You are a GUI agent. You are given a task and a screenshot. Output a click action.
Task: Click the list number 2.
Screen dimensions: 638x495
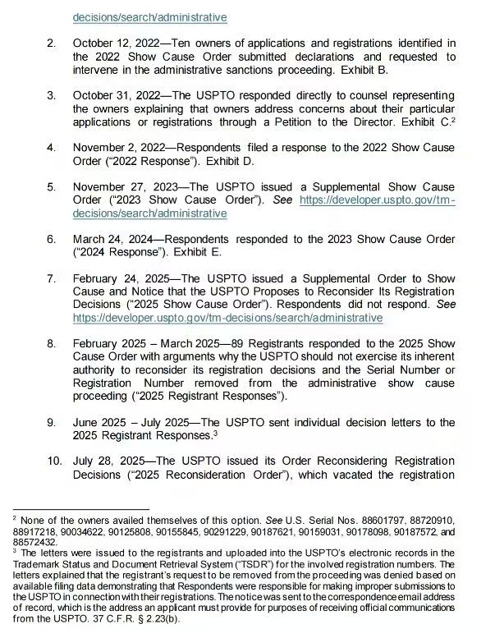[51, 43]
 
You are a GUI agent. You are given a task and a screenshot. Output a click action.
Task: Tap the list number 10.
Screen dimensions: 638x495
[53, 461]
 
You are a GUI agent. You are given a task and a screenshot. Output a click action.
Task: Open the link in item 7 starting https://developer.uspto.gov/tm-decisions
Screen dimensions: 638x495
[227, 318]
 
